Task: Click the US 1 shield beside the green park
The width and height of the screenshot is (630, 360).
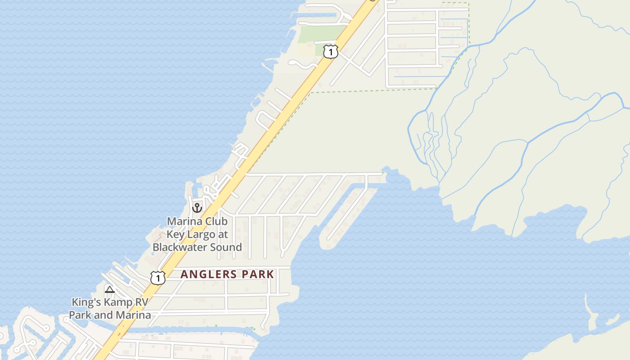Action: (x=331, y=52)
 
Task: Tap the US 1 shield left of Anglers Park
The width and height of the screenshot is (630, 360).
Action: (x=157, y=278)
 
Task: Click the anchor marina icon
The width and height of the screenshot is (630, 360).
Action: (x=197, y=207)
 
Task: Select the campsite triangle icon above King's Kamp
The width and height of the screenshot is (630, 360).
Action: (x=109, y=289)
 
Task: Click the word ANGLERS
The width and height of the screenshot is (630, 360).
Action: (x=208, y=274)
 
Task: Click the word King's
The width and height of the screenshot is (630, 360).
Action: (x=86, y=302)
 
